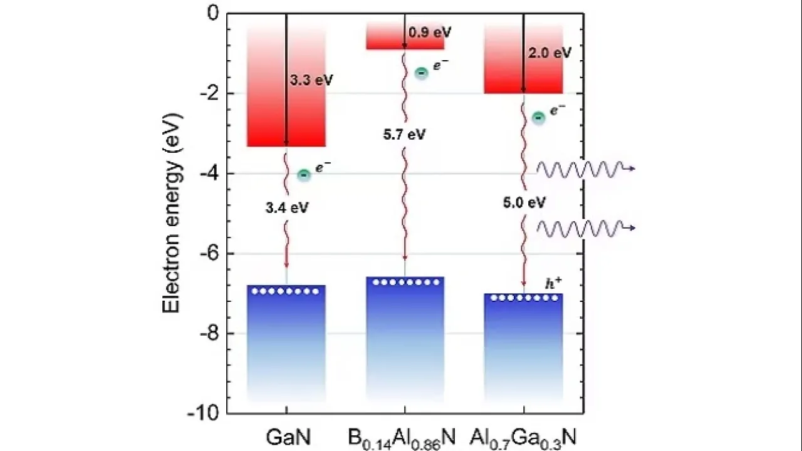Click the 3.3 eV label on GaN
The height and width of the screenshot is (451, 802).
[x=311, y=81]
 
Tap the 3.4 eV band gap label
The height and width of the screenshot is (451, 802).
[x=286, y=208]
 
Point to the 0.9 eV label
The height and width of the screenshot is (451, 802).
[x=429, y=33]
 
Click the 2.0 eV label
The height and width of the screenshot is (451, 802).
[x=549, y=53]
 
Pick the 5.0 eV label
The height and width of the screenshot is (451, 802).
[x=524, y=202]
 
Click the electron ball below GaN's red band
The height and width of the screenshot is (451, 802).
[x=304, y=175]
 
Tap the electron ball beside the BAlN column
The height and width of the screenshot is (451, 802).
[x=422, y=73]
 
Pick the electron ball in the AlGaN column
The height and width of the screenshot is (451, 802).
[x=538, y=118]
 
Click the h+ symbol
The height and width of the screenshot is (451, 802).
[x=553, y=284]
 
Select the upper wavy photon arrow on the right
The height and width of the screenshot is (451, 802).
[x=585, y=168]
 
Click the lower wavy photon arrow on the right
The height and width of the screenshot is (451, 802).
[x=585, y=228]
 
